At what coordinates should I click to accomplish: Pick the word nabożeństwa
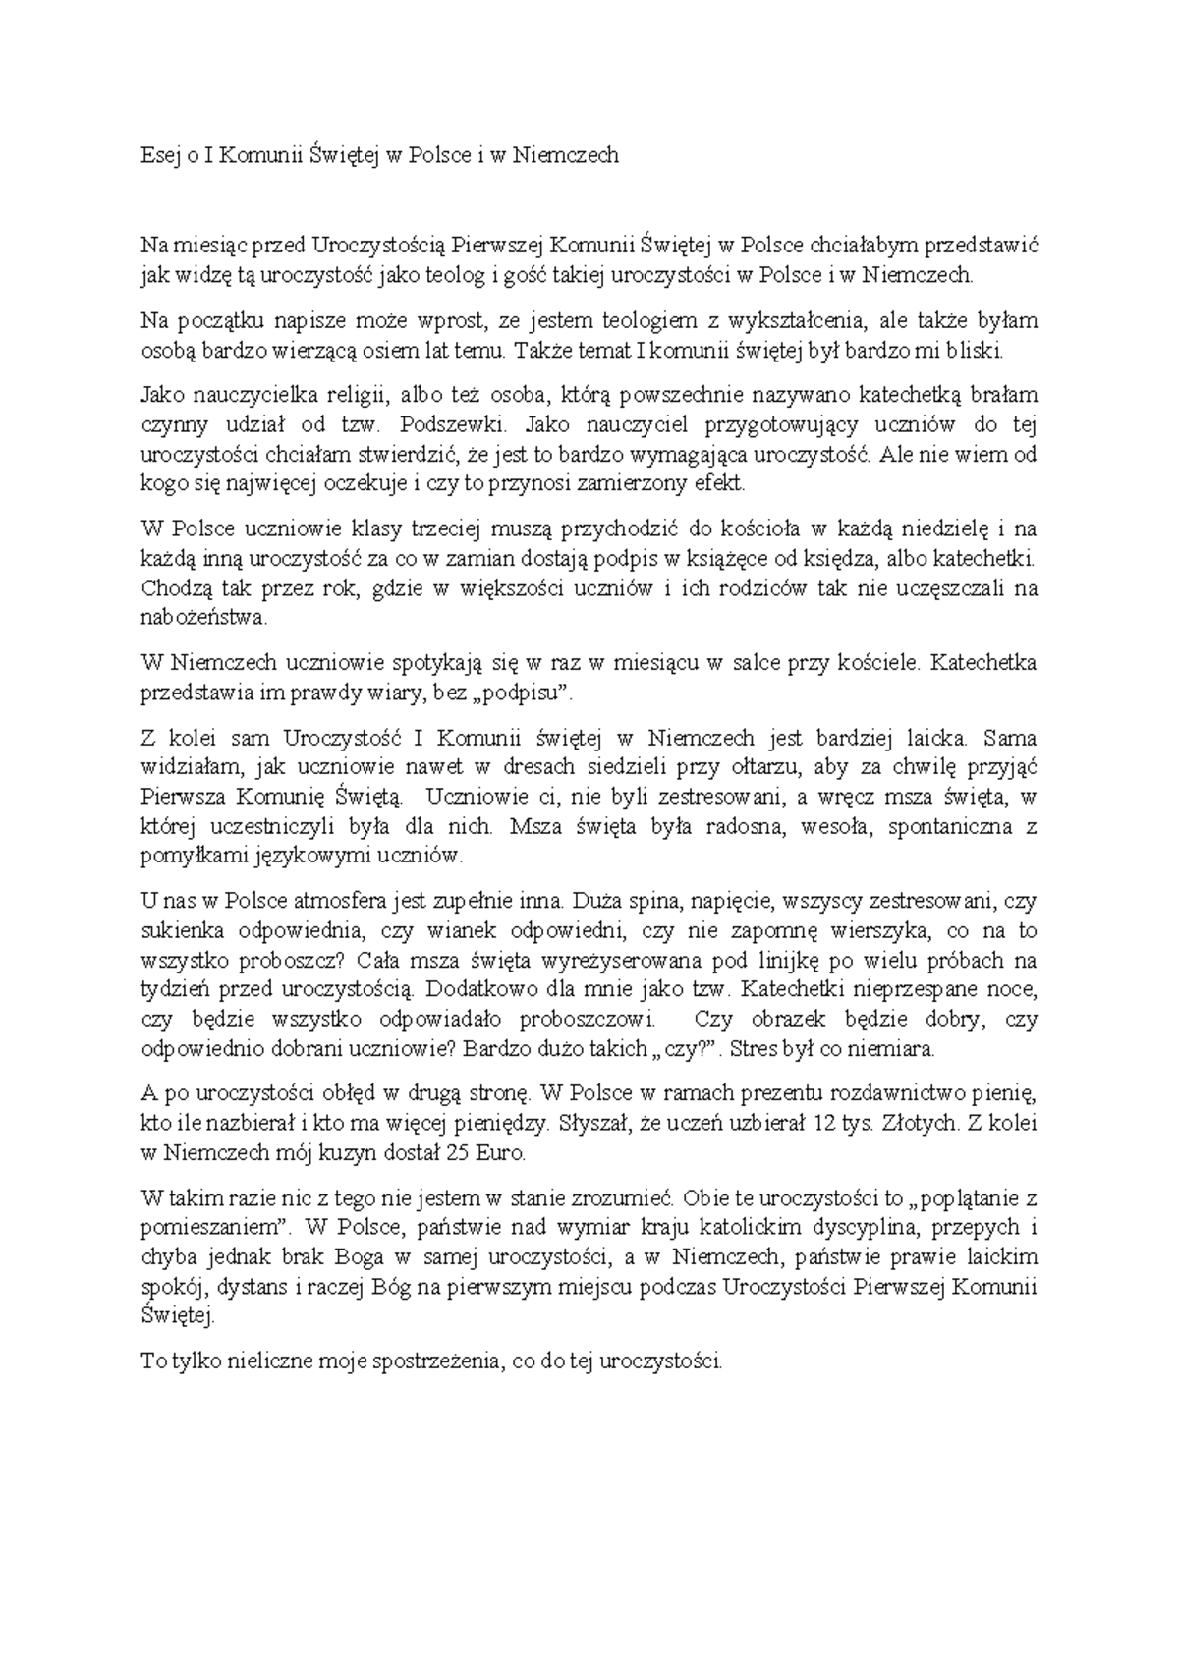click(x=202, y=619)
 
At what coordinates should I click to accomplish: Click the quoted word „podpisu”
click(x=521, y=694)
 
